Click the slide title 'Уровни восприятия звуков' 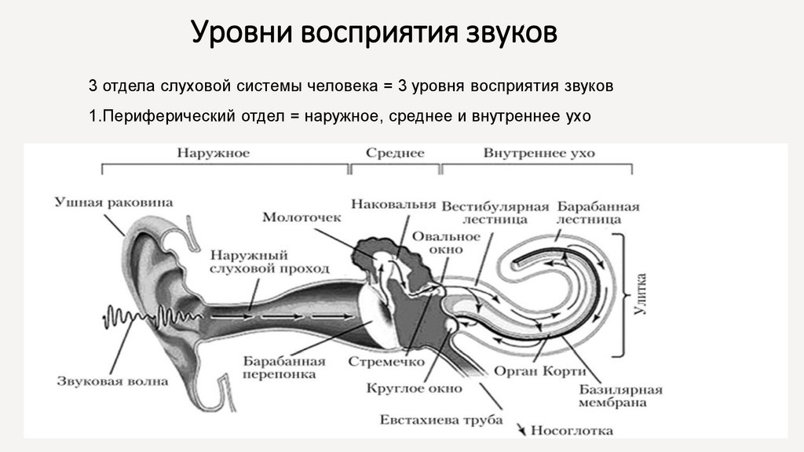click(375, 33)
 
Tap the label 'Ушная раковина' click(114, 202)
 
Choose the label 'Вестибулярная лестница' click(494, 213)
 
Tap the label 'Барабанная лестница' click(598, 213)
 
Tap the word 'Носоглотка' click(572, 430)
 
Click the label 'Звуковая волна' click(111, 381)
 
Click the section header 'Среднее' click(395, 152)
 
